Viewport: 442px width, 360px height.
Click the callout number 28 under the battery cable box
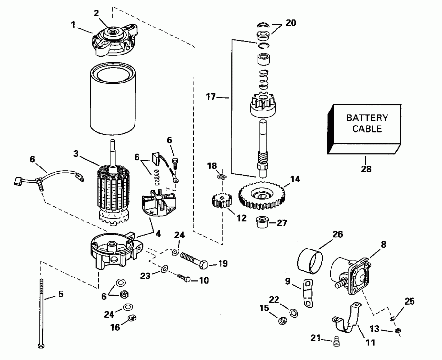click(365, 170)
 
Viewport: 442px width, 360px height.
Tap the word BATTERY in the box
click(367, 118)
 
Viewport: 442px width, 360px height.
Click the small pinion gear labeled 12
click(221, 201)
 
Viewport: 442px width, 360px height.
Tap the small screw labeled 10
click(183, 278)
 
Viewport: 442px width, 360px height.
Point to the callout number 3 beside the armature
click(76, 153)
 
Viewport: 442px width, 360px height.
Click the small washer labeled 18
click(221, 177)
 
